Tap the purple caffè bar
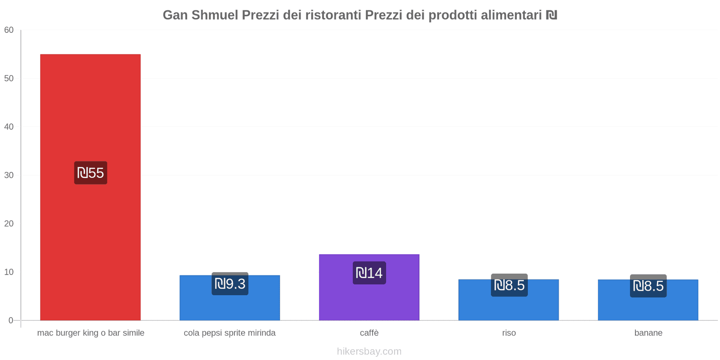369,301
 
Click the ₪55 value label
90,173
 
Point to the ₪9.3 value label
230,284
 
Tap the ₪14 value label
369,273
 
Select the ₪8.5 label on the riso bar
509,285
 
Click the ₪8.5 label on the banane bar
648,286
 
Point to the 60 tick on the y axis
9,30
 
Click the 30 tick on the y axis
9,175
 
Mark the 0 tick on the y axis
11,320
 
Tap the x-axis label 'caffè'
369,333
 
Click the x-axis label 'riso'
509,333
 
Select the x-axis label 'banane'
648,333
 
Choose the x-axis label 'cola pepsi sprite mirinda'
229,333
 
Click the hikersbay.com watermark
369,351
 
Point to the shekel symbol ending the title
551,15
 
